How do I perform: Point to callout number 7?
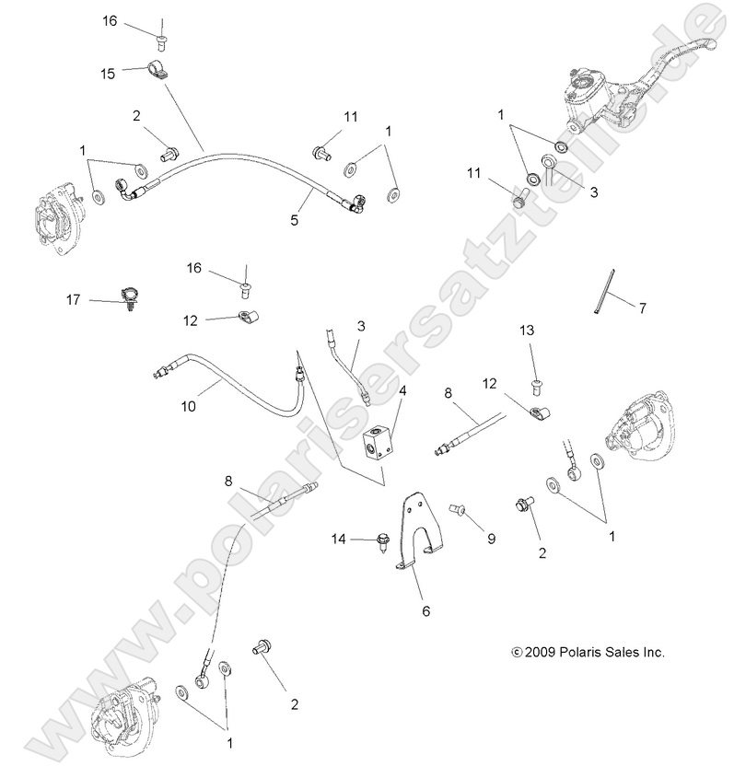[643, 306]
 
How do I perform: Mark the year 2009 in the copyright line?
[539, 652]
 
